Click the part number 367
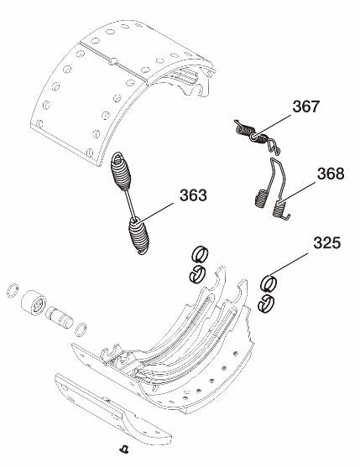point(306,108)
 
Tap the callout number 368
point(331,175)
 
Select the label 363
point(193,196)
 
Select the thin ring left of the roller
point(12,290)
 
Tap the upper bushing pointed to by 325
point(270,283)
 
